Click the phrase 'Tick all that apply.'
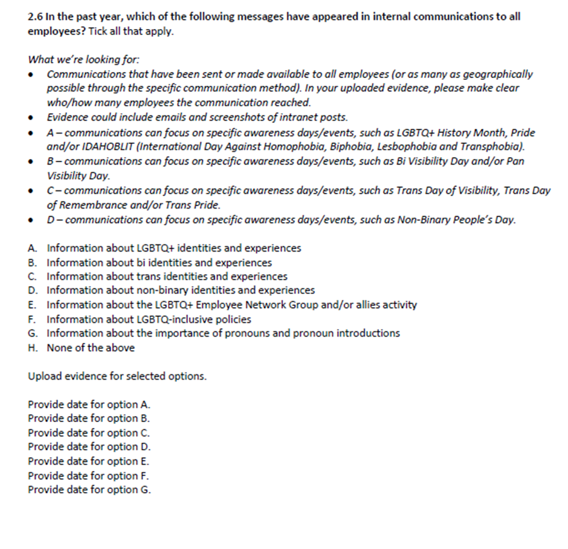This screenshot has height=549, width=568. (131, 31)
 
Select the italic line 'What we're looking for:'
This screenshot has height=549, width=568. (84, 60)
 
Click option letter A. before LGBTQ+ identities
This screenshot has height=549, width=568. (33, 248)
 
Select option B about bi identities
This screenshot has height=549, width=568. (159, 262)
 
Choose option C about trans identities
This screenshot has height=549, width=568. (167, 276)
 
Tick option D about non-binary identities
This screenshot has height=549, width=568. (180, 290)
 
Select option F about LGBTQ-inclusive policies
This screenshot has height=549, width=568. (149, 319)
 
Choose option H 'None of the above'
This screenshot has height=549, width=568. (91, 348)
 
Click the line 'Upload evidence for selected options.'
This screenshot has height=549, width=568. (117, 376)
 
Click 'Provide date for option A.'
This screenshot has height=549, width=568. (89, 404)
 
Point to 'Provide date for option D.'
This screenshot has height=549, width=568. (89, 447)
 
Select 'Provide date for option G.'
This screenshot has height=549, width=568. (89, 490)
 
